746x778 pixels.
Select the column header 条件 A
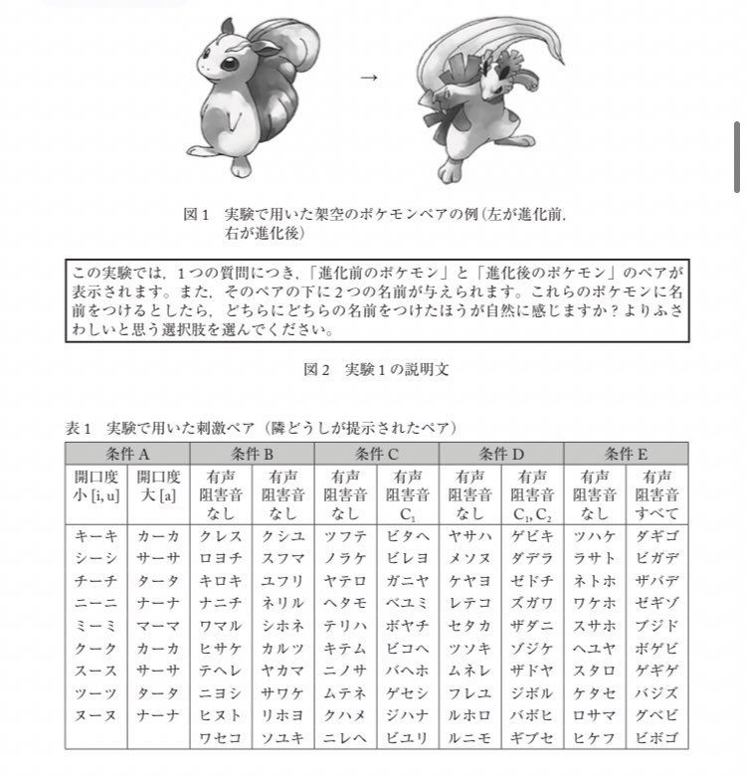[127, 454]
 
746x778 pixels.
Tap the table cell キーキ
[96, 536]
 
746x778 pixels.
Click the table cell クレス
[221, 536]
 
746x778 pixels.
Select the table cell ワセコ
[221, 738]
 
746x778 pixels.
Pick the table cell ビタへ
[408, 536]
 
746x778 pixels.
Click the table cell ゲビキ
[532, 536]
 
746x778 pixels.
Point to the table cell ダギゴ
[656, 536]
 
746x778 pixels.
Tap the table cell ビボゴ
[656, 738]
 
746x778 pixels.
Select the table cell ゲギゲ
[656, 671]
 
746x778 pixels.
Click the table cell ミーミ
[96, 626]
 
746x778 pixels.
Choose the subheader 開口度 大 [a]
[159, 486]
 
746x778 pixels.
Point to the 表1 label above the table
[80, 429]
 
